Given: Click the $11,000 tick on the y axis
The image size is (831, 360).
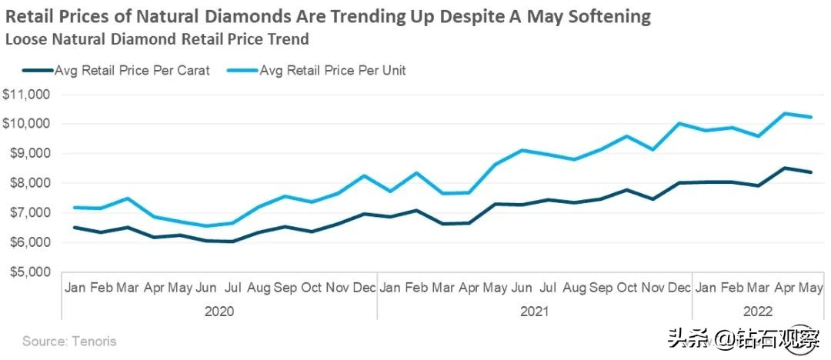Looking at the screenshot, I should coord(26,95).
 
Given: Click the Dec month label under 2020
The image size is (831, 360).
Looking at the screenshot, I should coord(363,288).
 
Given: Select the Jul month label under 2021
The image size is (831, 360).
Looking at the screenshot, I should coord(548,288).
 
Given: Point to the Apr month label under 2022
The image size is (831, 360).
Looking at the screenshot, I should coord(783,288).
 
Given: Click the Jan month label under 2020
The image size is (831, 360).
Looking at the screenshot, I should coord(75,288).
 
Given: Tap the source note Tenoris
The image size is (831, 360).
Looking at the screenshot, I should coord(69,340).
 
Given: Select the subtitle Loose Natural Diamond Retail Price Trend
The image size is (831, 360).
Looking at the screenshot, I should coord(157,38).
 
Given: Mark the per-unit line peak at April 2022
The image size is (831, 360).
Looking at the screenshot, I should coord(784,113).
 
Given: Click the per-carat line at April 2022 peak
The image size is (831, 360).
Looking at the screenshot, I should coord(784,168).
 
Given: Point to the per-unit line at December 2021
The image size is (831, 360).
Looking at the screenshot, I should coord(679,123).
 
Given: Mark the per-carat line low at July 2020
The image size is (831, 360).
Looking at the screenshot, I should coord(233,242).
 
